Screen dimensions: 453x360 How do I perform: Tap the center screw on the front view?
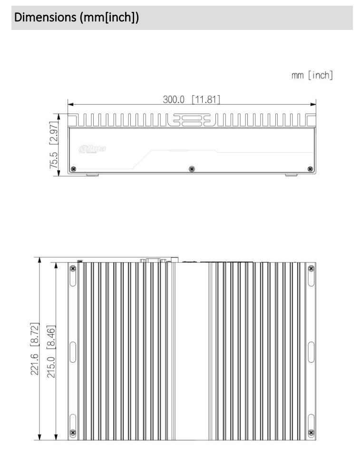coord(191,169)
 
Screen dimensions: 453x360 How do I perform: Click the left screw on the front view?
coord(73,169)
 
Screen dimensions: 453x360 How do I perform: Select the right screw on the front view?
coord(311,169)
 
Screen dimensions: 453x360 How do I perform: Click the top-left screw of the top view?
coord(72,269)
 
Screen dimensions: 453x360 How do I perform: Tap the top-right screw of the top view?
coord(311,269)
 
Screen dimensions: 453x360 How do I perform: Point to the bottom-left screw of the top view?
coord(72,433)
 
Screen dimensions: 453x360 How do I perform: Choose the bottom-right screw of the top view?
coord(311,433)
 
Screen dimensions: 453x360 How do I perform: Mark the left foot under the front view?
coord(93,175)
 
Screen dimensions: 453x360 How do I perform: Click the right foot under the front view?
coord(290,175)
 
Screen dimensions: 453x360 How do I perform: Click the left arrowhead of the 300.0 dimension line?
coord(70,103)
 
